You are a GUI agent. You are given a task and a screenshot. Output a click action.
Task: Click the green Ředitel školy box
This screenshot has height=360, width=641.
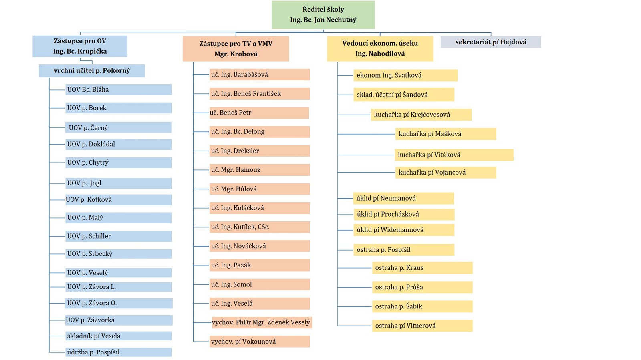pyautogui.click(x=323, y=14)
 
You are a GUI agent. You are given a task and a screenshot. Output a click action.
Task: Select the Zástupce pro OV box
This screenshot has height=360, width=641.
pyautogui.click(x=80, y=46)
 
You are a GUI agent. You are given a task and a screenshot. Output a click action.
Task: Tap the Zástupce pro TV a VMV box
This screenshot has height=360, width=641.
pyautogui.click(x=236, y=48)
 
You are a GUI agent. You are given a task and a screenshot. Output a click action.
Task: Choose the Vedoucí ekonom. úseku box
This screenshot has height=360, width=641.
pyautogui.click(x=380, y=48)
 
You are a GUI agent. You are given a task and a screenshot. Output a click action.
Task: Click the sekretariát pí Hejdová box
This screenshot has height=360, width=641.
pyautogui.click(x=491, y=42)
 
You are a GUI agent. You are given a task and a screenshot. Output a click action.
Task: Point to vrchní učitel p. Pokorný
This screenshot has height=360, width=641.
pyautogui.click(x=92, y=70)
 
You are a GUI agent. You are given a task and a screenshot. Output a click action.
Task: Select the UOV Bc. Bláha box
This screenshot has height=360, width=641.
pyautogui.click(x=119, y=90)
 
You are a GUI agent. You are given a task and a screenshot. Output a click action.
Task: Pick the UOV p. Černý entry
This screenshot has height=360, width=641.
pyautogui.click(x=119, y=127)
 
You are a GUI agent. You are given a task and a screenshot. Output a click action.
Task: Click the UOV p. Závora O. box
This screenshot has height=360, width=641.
pyautogui.click(x=119, y=303)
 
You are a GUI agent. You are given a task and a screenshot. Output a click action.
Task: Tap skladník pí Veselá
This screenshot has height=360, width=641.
pyautogui.click(x=119, y=336)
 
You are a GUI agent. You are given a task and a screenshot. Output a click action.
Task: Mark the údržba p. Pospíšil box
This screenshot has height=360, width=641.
pyautogui.click(x=119, y=352)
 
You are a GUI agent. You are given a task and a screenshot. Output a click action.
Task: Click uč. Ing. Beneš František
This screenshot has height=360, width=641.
pyautogui.click(x=260, y=94)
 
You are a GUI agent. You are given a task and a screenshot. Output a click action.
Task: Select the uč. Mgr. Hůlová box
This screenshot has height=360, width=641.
pyautogui.click(x=260, y=189)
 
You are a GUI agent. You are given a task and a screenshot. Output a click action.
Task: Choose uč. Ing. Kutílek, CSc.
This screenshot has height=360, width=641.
pyautogui.click(x=260, y=227)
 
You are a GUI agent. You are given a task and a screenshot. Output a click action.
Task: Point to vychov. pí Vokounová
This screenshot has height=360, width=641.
pyautogui.click(x=260, y=342)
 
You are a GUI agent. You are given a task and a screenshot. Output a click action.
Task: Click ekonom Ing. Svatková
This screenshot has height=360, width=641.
pyautogui.click(x=405, y=76)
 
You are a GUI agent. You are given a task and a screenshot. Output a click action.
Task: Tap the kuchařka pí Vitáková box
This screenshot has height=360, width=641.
pyautogui.click(x=454, y=155)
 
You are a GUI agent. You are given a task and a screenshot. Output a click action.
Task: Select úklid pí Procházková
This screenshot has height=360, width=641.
pyautogui.click(x=404, y=215)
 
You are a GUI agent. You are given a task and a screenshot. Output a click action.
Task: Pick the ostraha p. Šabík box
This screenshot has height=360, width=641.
pyautogui.click(x=422, y=306)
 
